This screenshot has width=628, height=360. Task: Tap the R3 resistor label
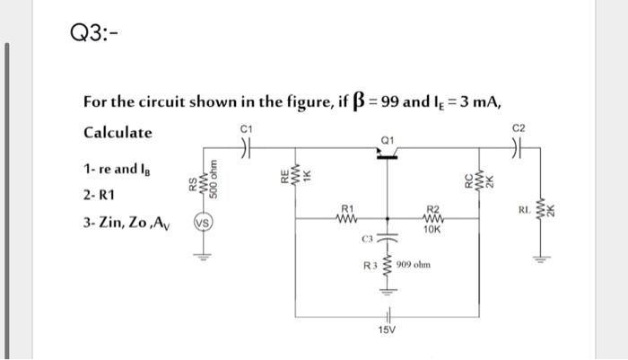point(369,267)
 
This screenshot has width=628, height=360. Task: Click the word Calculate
point(118,133)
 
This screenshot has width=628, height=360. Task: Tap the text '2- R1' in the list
point(100,195)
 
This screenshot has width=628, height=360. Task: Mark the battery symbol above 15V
point(388,314)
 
